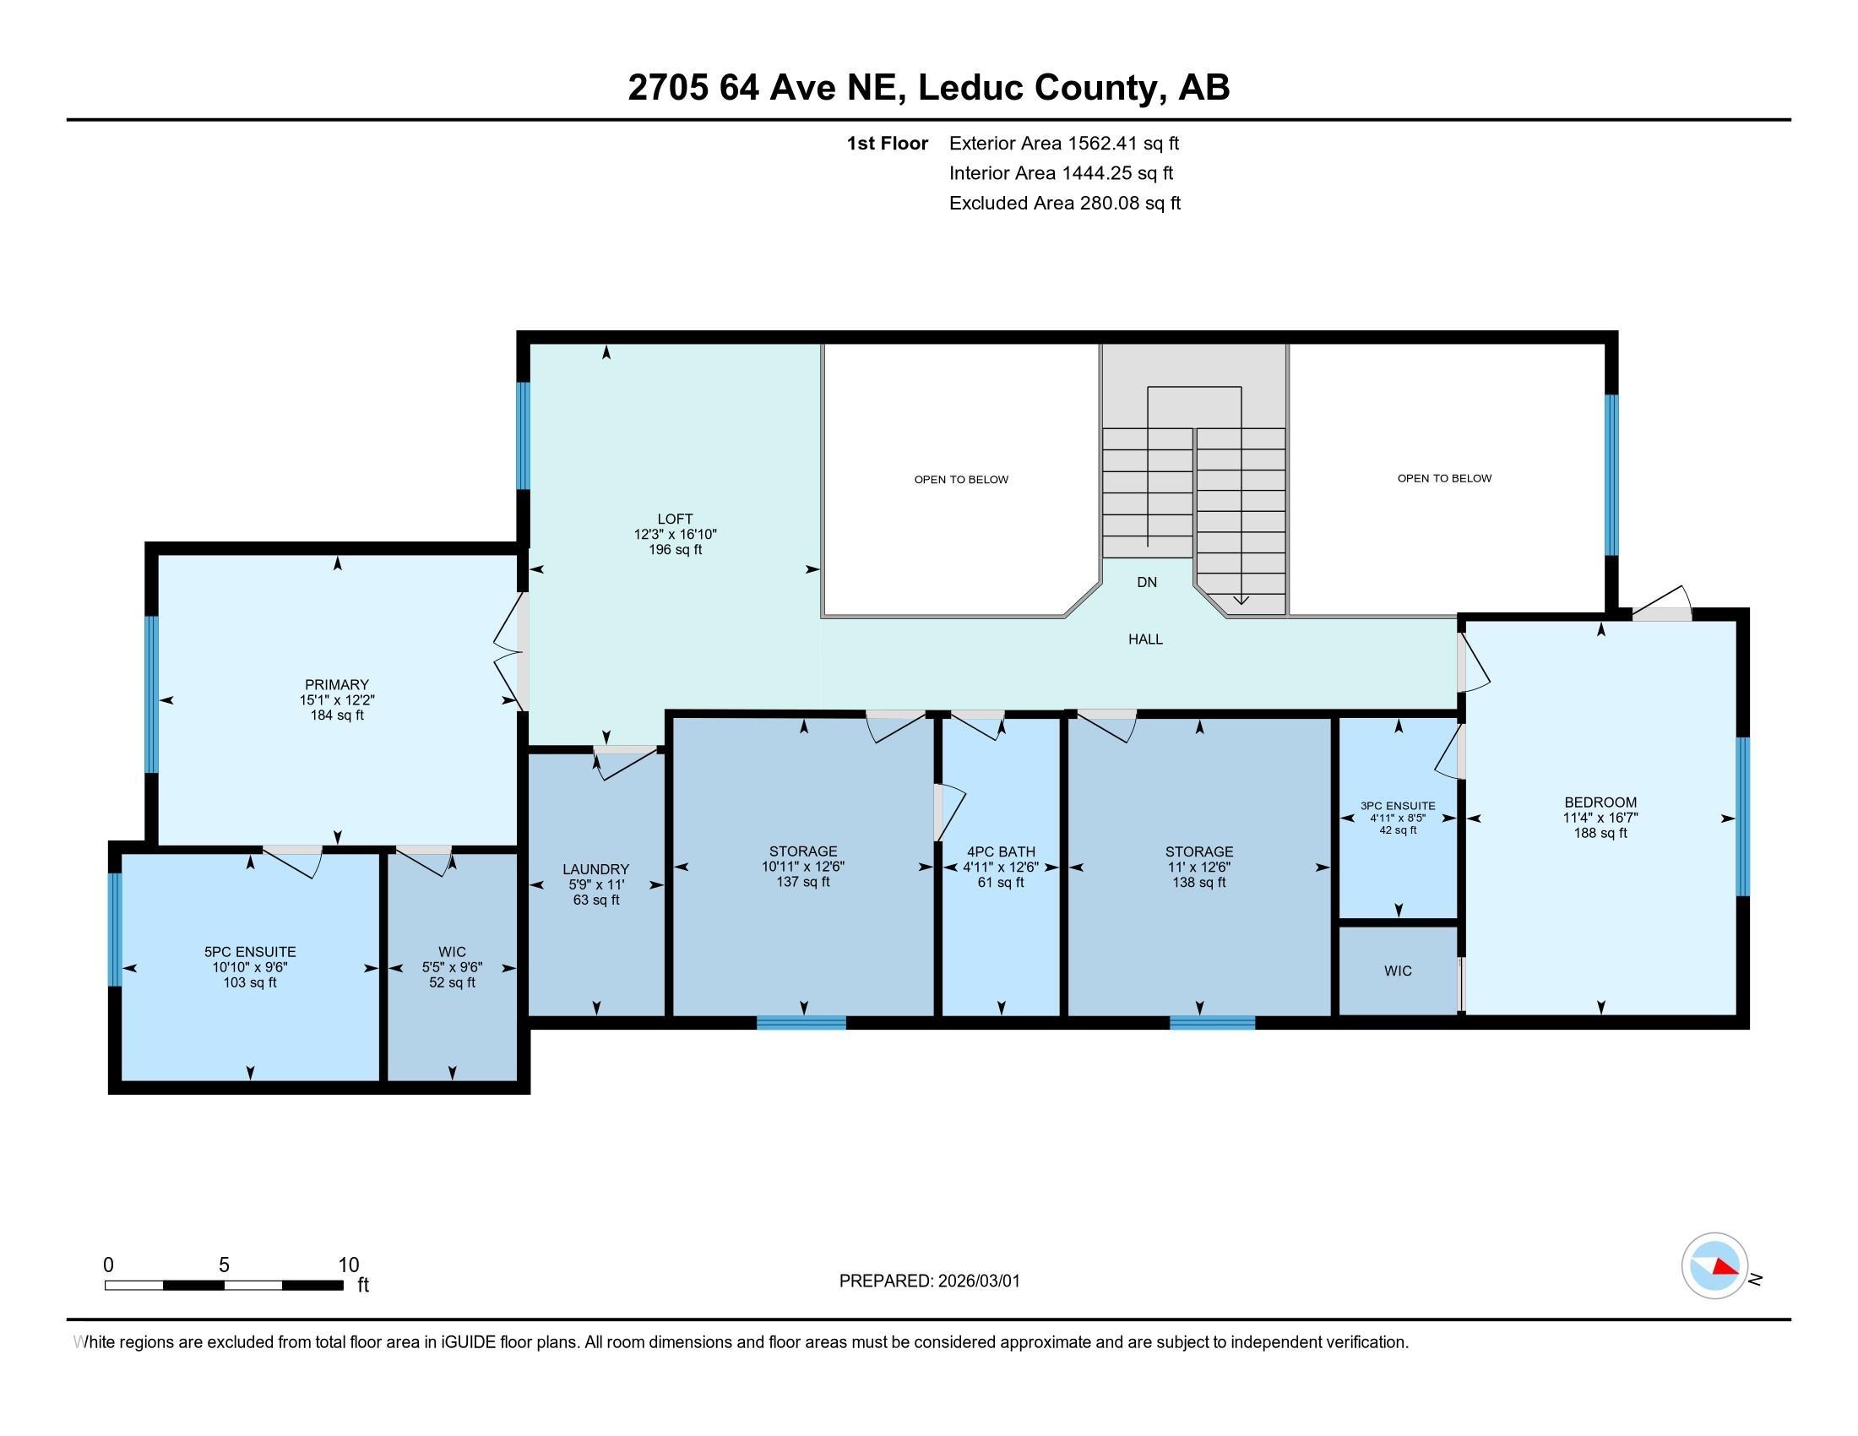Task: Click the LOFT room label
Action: click(675, 519)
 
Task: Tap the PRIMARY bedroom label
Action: click(337, 685)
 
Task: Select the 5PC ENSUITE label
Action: click(250, 952)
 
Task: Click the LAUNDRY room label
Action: click(595, 869)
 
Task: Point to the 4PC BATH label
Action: click(1001, 851)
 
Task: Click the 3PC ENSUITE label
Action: click(1398, 806)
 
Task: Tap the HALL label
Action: click(1145, 639)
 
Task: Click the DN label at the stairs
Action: click(1147, 583)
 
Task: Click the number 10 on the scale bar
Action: click(349, 1265)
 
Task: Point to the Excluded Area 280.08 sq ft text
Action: click(1064, 204)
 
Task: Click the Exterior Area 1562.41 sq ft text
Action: click(1063, 144)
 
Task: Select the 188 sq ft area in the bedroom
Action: click(1600, 833)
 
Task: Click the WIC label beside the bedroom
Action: click(1398, 971)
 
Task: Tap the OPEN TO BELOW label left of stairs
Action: click(961, 480)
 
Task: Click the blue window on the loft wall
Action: click(524, 436)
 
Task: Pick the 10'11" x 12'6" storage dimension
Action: click(803, 867)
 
